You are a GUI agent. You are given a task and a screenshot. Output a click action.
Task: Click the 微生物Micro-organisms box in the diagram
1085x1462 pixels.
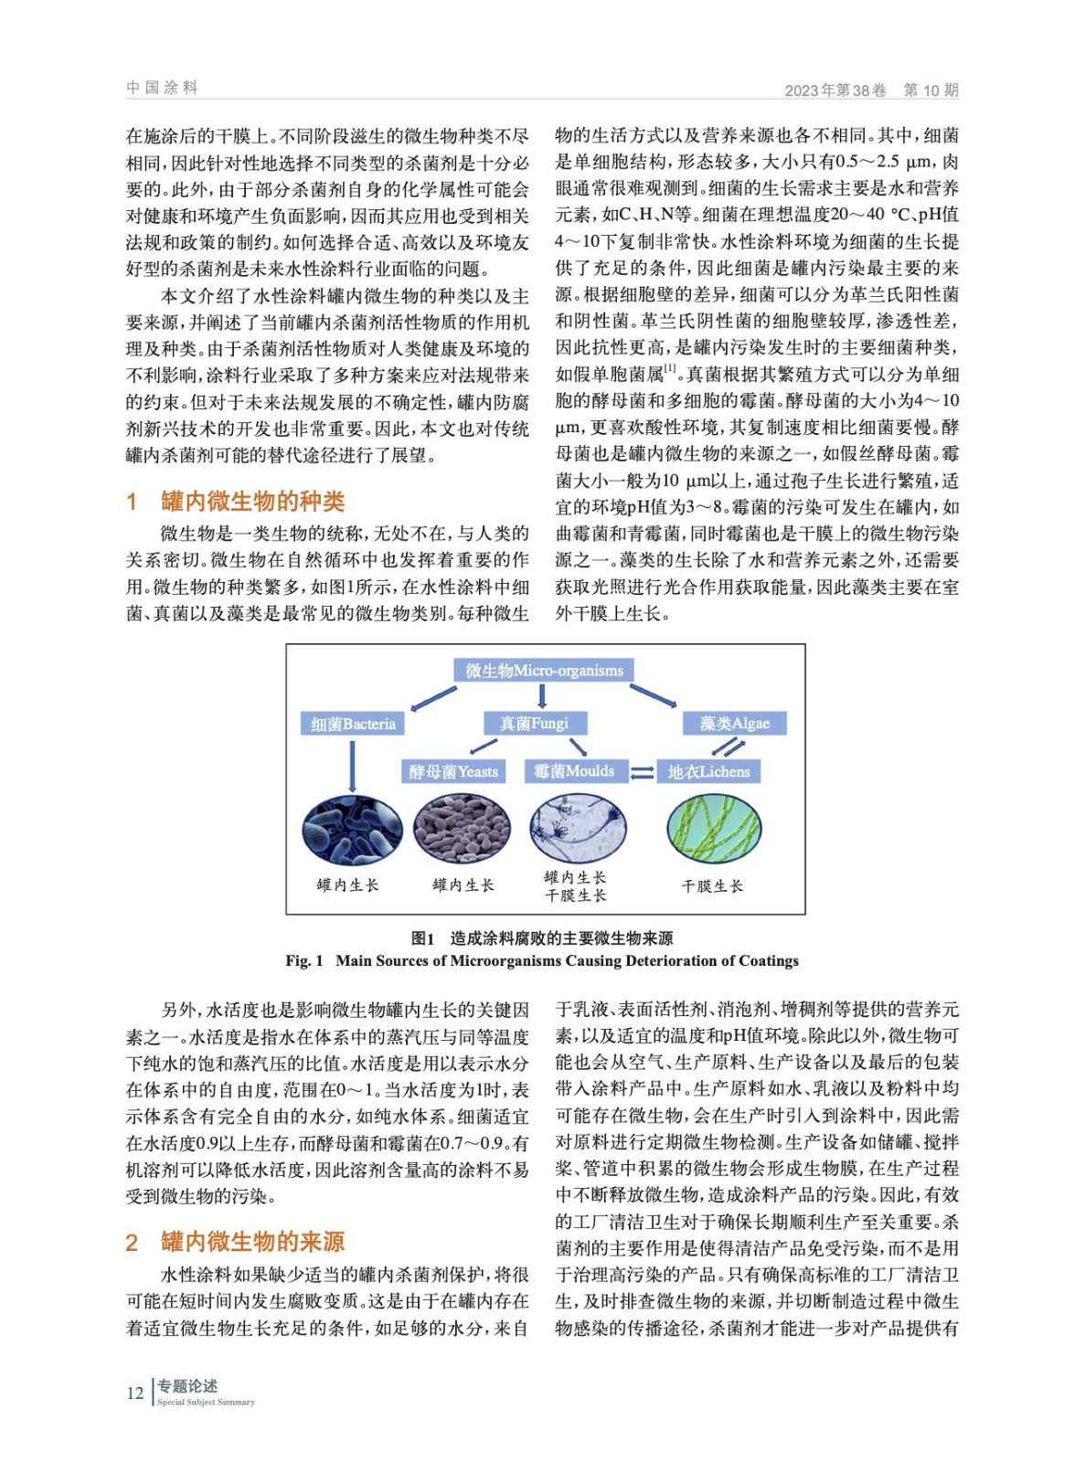pyautogui.click(x=544, y=670)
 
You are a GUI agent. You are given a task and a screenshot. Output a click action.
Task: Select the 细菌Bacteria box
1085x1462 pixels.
pyautogui.click(x=353, y=724)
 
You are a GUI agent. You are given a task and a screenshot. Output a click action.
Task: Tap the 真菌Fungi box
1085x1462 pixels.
pyautogui.click(x=534, y=724)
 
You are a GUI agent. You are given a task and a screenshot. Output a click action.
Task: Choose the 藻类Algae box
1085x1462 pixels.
pyautogui.click(x=735, y=724)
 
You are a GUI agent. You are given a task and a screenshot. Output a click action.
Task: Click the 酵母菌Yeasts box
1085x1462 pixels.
pyautogui.click(x=453, y=771)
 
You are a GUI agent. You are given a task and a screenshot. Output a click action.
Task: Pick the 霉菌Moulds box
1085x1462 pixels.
pyautogui.click(x=574, y=771)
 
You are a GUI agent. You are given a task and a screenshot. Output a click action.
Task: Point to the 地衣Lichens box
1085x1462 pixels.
pyautogui.click(x=708, y=771)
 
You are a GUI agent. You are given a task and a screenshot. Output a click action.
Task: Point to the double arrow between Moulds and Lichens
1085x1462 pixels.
pyautogui.click(x=642, y=773)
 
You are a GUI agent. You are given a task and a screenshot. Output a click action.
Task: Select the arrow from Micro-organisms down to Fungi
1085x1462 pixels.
pyautogui.click(x=542, y=696)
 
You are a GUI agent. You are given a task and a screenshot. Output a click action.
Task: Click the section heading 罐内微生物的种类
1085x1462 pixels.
pyautogui.click(x=252, y=502)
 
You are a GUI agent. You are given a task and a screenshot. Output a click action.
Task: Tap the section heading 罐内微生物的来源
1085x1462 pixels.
pyautogui.click(x=252, y=1242)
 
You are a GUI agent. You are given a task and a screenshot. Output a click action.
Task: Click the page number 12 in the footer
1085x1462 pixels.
pyautogui.click(x=135, y=1393)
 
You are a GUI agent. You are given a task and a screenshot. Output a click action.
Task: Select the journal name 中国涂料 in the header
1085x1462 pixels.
pyautogui.click(x=162, y=88)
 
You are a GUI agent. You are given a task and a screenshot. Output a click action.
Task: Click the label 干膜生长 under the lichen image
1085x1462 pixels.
pyautogui.click(x=712, y=886)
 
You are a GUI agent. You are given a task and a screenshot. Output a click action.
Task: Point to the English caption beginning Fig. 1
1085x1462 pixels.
pyautogui.click(x=542, y=960)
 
